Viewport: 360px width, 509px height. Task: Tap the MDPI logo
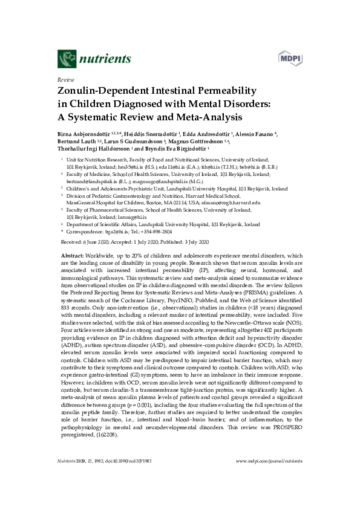click(x=289, y=58)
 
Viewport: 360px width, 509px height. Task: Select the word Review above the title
click(x=65, y=79)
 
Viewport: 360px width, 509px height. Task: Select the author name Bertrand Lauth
click(x=76, y=141)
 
